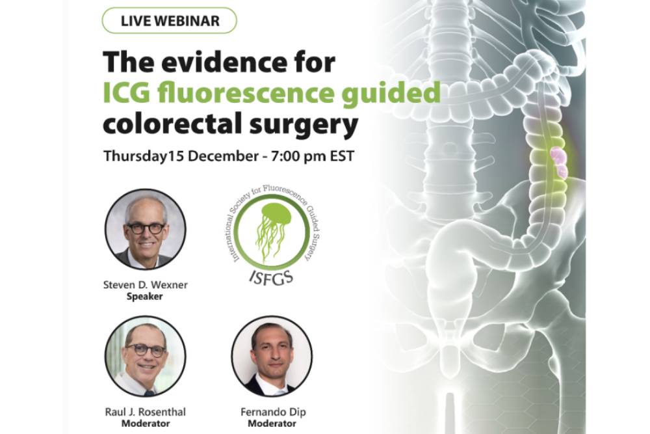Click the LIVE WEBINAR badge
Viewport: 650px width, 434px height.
170,21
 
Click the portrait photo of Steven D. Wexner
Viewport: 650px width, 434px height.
145,230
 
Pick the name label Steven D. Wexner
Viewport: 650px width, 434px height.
145,285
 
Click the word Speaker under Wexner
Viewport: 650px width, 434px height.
145,296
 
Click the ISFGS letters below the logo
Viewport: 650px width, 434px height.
272,277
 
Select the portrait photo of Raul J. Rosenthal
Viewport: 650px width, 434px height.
145,357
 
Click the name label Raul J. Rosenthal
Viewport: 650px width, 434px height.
145,412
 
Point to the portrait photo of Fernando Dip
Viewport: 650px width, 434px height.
272,357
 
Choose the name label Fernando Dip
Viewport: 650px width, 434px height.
273,412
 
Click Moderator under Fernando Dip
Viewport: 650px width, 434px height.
272,424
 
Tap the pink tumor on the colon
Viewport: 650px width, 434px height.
558,162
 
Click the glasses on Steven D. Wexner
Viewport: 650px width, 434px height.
145,228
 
